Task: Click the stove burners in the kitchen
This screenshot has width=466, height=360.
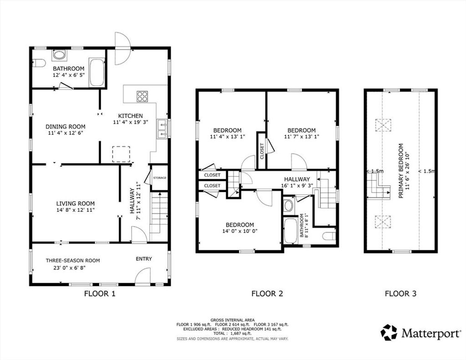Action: coord(142,96)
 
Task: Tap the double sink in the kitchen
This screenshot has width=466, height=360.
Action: coord(162,129)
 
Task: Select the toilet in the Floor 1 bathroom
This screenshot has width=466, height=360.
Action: coord(39,63)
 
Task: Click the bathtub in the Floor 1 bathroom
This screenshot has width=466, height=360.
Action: coord(97,72)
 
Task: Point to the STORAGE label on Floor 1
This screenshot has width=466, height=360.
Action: coord(160,178)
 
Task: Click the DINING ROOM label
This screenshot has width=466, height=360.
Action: coord(66,127)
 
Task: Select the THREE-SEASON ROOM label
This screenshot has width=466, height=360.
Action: coord(73,260)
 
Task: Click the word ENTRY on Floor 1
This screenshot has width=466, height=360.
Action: coord(144,259)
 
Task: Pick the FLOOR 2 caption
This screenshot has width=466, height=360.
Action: coord(267,294)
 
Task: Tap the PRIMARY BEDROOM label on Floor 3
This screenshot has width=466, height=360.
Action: coord(401,171)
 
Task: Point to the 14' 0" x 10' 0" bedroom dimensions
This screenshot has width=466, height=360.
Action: coord(240,231)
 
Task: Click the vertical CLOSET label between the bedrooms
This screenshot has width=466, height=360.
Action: coord(262,151)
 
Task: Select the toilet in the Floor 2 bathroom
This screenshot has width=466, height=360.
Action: coord(329,236)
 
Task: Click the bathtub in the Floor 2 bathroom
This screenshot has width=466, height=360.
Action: coord(290,231)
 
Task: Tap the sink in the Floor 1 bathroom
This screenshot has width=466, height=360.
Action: coord(60,55)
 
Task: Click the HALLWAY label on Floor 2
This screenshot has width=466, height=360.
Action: coord(297,179)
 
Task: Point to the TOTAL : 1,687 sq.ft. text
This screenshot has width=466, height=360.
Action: coord(232,334)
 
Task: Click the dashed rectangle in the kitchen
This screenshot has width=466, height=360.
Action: coord(121,154)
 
